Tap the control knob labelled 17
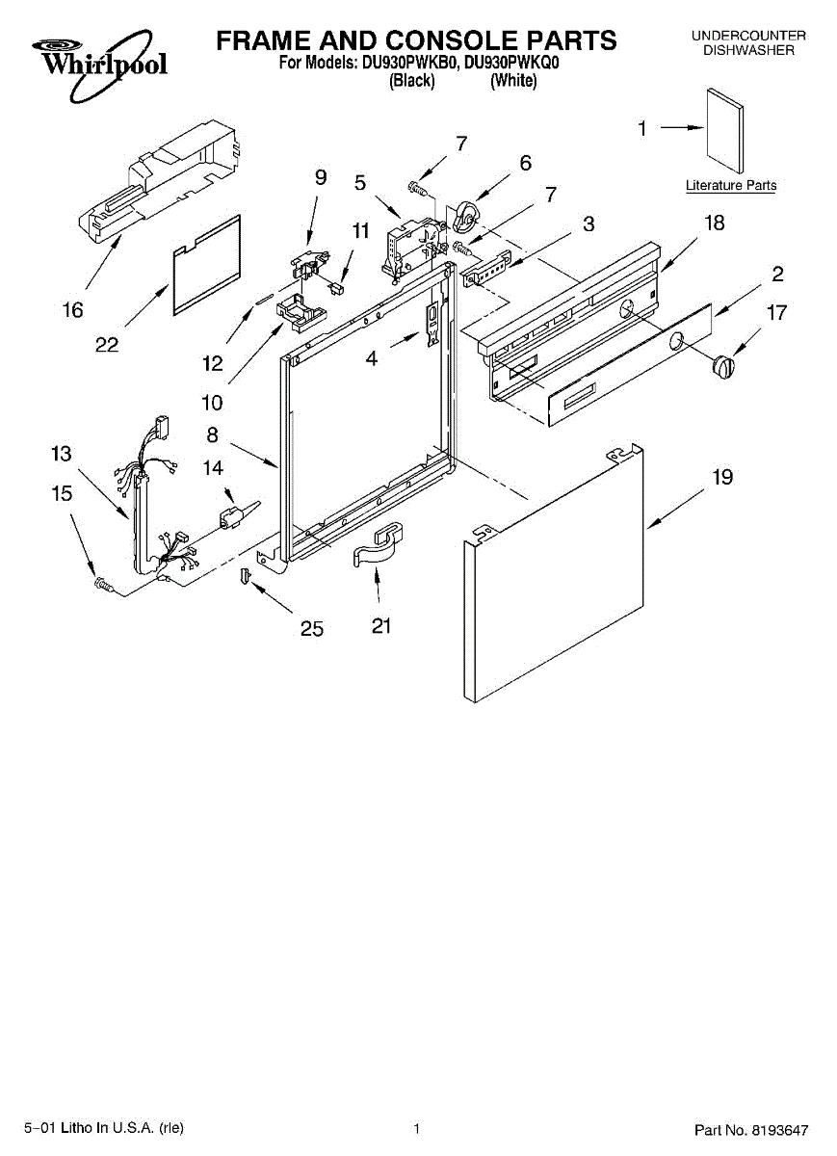tap(722, 367)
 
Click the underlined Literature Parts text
tap(731, 186)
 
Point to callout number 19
tap(721, 477)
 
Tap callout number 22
tap(107, 345)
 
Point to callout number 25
tap(311, 628)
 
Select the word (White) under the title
tap(512, 82)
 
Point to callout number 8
tap(212, 434)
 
